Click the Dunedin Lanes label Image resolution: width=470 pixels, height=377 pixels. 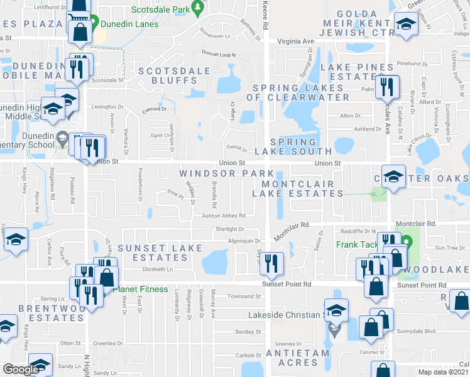124,25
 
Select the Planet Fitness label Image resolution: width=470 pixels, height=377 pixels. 140,289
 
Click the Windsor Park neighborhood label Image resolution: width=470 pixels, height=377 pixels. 226,173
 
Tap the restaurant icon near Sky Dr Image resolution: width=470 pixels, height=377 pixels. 271,264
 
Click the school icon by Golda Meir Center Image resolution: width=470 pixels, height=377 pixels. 407,25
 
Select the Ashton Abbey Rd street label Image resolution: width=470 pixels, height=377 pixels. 223,216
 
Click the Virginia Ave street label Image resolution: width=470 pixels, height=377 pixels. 300,41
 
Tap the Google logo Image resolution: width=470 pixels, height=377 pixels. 21,369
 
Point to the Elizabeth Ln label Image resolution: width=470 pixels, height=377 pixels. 157,269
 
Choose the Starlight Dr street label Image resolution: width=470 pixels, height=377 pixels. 229,230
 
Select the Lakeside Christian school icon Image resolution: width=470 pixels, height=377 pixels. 336,310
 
